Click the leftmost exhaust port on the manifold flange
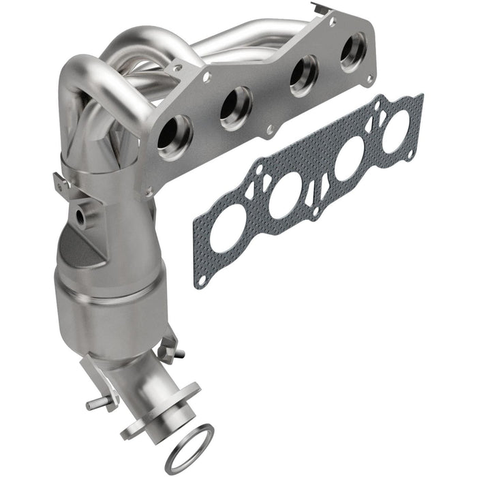[x=175, y=134]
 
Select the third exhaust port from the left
[x=302, y=75]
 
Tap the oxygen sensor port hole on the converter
[x=82, y=217]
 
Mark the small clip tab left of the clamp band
[x=60, y=183]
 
